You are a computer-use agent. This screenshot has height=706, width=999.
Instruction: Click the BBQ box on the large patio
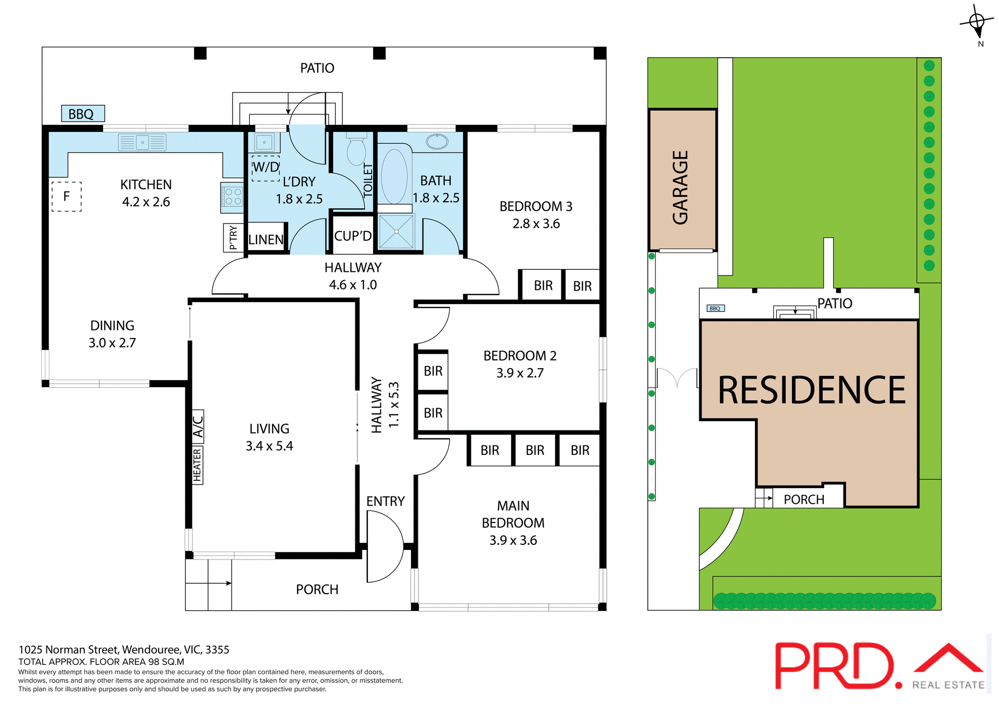click(83, 113)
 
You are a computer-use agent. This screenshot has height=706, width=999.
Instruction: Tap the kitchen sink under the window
click(142, 142)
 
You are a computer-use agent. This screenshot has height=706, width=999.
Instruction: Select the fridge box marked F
click(67, 197)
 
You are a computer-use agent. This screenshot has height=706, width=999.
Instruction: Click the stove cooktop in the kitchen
click(233, 197)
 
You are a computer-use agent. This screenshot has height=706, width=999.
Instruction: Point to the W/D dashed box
click(266, 167)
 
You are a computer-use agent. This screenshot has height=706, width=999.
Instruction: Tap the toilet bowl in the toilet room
click(356, 151)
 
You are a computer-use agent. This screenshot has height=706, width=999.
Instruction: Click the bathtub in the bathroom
click(394, 176)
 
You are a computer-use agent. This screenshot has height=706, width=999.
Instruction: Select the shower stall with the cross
click(396, 232)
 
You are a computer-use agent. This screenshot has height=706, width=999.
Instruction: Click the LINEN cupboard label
click(266, 240)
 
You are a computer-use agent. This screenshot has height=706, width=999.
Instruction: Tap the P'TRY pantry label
click(233, 238)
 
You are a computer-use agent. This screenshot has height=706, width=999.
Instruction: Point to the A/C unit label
click(198, 427)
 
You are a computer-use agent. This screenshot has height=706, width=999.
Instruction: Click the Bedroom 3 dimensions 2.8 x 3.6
click(536, 224)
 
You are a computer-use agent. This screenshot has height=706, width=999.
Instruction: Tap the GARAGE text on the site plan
click(681, 187)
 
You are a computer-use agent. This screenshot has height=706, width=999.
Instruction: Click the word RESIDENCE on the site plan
click(811, 390)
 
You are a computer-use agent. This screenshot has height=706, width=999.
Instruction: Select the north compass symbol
click(977, 22)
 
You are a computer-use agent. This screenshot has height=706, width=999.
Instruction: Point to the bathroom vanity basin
click(437, 141)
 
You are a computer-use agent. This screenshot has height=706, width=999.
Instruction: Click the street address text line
click(124, 649)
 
